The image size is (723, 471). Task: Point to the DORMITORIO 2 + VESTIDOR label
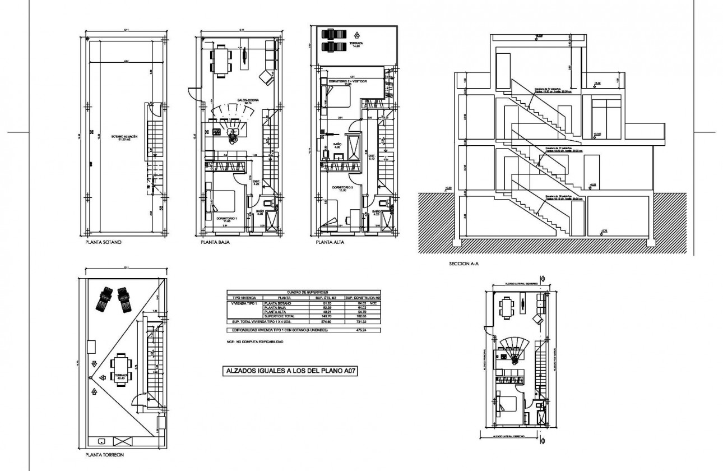click(352, 82)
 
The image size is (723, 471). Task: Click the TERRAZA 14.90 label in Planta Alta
click(355, 45)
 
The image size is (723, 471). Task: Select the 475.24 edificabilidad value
click(353, 330)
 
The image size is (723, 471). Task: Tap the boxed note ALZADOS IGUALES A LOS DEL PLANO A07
click(290, 371)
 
